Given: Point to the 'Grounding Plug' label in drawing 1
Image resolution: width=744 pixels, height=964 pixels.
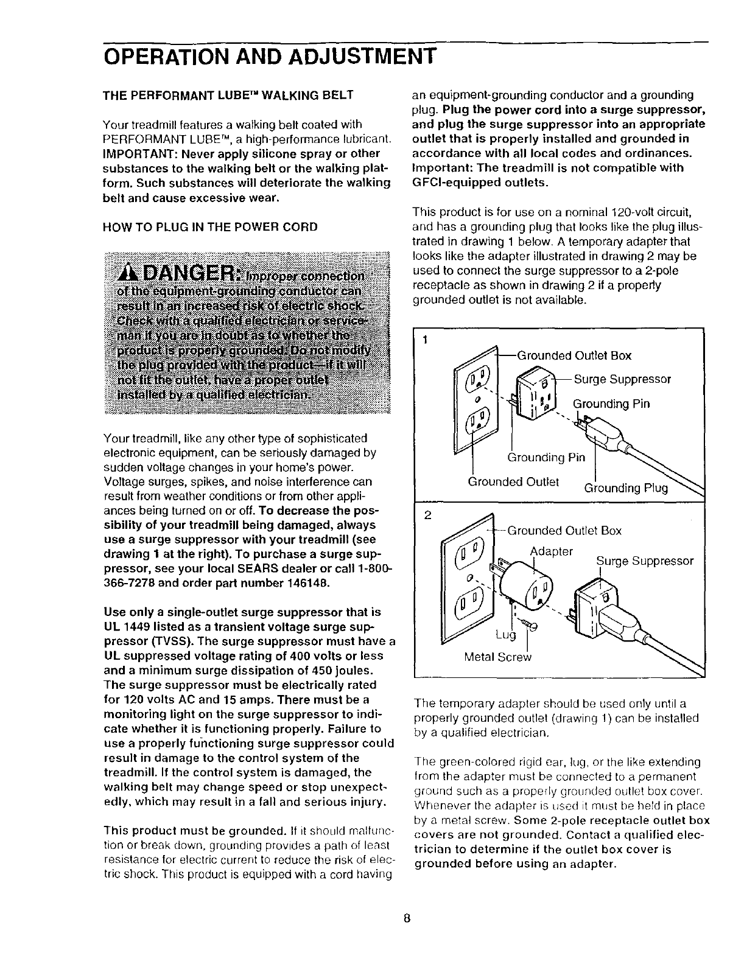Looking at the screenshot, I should (x=626, y=488).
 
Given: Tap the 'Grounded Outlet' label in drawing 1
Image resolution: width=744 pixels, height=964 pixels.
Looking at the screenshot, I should (x=513, y=481).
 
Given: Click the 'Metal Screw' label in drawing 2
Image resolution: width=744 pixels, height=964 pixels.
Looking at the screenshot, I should (x=497, y=657).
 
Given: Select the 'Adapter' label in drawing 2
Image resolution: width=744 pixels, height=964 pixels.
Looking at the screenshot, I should (x=552, y=551).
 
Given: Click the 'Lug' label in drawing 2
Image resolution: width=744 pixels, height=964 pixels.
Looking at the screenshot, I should (x=505, y=635).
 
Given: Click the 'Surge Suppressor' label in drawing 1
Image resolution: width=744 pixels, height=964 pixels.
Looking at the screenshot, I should (x=622, y=379).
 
